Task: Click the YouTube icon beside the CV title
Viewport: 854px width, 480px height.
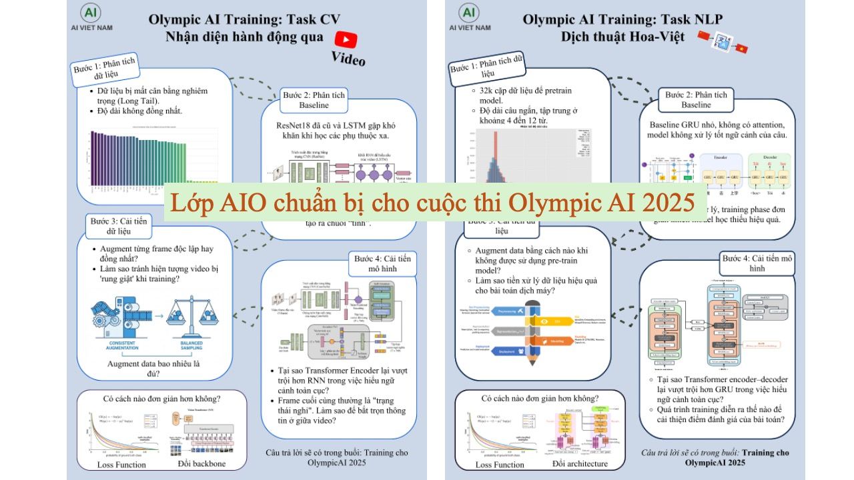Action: tap(346, 38)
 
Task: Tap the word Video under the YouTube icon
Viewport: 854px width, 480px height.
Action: tap(348, 59)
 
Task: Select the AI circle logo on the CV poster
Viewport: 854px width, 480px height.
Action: tap(91, 13)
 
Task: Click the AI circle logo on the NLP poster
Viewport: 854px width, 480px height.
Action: tap(469, 13)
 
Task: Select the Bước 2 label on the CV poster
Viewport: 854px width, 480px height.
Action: tap(314, 100)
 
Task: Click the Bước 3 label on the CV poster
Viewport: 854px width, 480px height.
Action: tap(117, 225)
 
